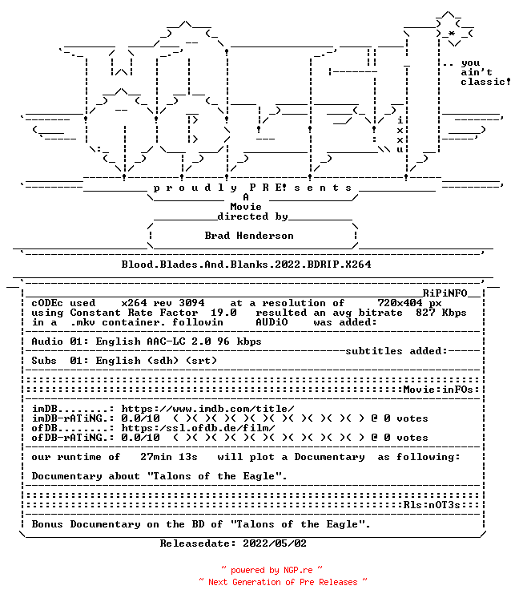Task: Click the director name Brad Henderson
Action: coord(249,236)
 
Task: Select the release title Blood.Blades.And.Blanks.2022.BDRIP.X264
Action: coord(247,265)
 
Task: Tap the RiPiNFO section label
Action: coord(445,293)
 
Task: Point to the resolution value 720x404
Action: coord(400,303)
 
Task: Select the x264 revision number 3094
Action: coord(191,303)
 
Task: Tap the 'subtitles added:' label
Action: coord(396,351)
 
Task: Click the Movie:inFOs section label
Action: coord(438,390)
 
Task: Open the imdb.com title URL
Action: coord(207,409)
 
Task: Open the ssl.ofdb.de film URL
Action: coord(198,428)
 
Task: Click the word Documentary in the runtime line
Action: coord(329,457)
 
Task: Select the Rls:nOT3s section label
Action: coord(432,505)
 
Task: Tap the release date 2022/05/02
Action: coord(275,543)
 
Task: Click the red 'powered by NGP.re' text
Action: coord(272,570)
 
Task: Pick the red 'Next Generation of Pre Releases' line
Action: coord(283,582)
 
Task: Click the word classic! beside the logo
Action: coord(485,82)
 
